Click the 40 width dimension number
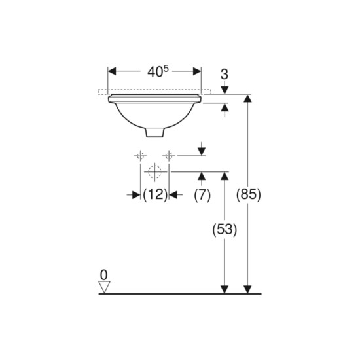tap(154, 72)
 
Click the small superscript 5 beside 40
tap(166, 69)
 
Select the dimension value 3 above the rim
tap(225, 75)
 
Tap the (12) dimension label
tap(155, 194)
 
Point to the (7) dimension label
tap(202, 195)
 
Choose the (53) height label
tap(225, 230)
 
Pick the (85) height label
tap(249, 194)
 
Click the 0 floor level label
tap(104, 275)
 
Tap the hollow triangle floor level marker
tap(104, 287)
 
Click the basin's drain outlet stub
tap(155, 133)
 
